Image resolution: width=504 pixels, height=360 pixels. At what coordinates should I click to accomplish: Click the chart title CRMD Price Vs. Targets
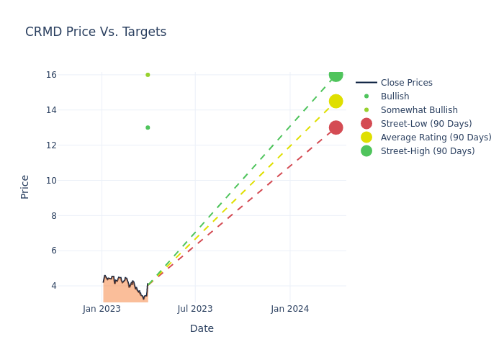[x=96, y=32]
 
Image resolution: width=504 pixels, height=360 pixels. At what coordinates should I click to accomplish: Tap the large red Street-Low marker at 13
[x=336, y=127]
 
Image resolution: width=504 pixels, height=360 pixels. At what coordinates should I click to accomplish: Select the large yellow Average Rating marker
[x=336, y=102]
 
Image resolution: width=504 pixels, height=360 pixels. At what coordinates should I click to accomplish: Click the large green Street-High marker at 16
[x=336, y=75]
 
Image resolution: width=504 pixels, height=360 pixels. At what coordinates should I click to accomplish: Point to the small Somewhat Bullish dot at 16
[x=148, y=75]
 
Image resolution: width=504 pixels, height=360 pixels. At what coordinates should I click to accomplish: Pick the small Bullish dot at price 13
[x=148, y=127]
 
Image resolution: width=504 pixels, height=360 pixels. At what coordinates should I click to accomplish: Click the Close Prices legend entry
[x=406, y=83]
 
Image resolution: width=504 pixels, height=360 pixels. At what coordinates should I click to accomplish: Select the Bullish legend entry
[x=395, y=96]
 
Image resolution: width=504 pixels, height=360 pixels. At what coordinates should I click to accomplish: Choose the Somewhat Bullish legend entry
[x=419, y=110]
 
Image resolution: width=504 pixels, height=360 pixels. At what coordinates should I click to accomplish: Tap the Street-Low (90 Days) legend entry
[x=426, y=124]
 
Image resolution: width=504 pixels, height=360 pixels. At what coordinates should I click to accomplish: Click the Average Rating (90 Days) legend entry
[x=436, y=138]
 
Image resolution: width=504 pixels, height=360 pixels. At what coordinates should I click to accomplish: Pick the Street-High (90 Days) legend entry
[x=428, y=151]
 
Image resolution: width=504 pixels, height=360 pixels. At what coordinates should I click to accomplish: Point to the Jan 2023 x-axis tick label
[x=102, y=309]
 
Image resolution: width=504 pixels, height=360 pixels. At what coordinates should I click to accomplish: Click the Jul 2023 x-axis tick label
[x=195, y=309]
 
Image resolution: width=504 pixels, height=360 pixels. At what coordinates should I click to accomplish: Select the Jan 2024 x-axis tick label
[x=290, y=309]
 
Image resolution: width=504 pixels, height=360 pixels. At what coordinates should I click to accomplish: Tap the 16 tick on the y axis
[x=51, y=75]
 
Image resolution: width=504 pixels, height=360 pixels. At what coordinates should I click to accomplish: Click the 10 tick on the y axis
[x=51, y=181]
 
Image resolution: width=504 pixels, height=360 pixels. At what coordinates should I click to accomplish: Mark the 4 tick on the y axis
[x=53, y=286]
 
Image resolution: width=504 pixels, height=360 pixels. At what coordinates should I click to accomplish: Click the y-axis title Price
[x=25, y=186]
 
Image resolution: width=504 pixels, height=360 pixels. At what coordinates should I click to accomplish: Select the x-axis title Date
[x=202, y=329]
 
